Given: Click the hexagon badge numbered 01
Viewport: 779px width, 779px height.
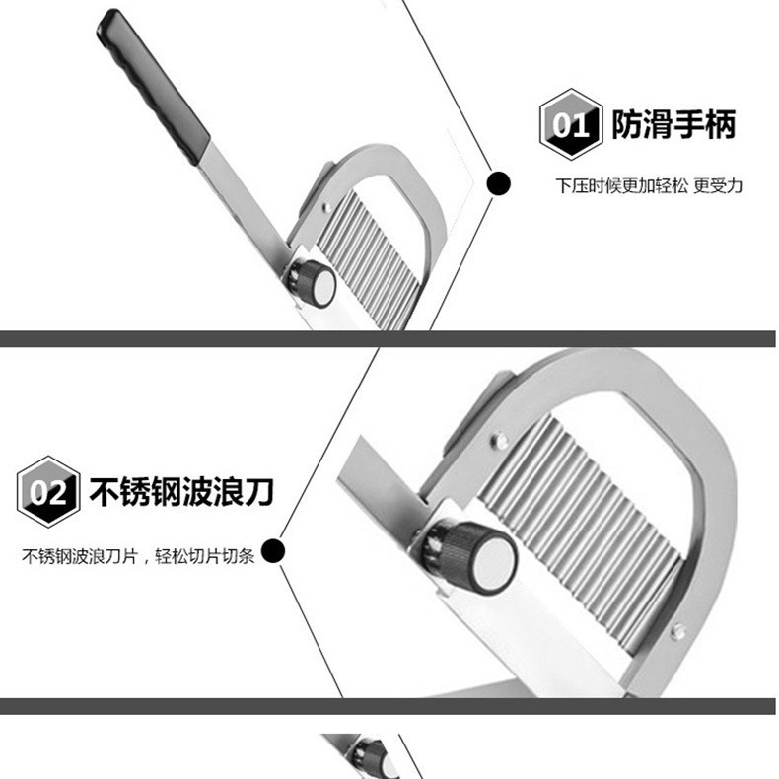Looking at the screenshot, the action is (x=570, y=125).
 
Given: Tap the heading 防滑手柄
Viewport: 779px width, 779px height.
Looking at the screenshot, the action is (x=673, y=125).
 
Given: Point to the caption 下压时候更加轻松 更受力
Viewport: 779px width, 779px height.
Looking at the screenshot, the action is (x=648, y=185).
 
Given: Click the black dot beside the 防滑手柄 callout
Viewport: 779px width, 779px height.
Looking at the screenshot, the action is (x=500, y=182).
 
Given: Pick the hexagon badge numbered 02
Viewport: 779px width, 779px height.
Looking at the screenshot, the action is (x=47, y=491).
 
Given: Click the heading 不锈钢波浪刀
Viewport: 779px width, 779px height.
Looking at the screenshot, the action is (x=180, y=491).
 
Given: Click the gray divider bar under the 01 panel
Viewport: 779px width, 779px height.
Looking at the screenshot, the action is (x=389, y=338).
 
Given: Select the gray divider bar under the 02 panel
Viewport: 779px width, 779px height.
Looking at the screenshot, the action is (x=389, y=706).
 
